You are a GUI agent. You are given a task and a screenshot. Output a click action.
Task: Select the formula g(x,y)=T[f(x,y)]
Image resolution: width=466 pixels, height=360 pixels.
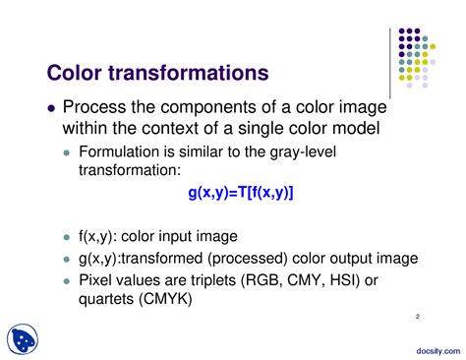coord(241,193)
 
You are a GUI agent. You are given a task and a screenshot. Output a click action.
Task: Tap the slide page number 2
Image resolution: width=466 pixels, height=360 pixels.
coord(417,317)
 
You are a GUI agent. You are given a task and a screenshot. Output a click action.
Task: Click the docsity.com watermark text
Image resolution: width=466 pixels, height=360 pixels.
coord(432,349)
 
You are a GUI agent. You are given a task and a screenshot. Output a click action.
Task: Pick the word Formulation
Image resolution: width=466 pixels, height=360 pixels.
coord(119,152)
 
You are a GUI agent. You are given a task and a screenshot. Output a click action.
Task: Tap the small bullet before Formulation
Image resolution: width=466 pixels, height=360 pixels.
coord(67,153)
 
